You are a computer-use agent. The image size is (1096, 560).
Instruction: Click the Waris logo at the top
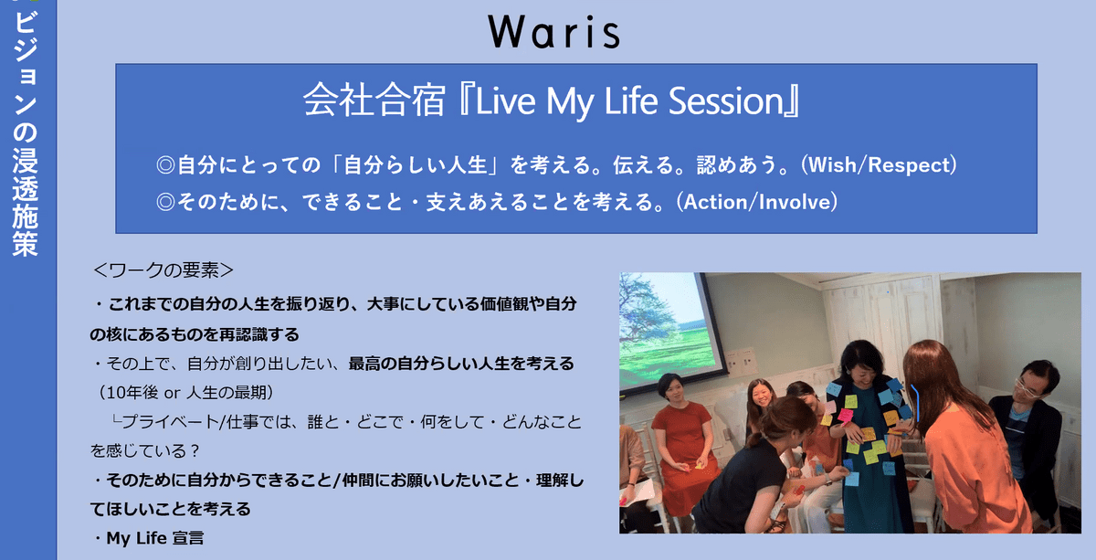point(553,32)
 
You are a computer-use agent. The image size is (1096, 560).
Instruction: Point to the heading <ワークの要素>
point(163,270)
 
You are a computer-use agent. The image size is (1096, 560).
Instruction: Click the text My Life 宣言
point(155,538)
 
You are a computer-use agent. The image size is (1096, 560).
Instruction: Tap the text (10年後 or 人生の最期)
point(186,393)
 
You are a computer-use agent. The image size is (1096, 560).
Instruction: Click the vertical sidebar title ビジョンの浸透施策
point(26,133)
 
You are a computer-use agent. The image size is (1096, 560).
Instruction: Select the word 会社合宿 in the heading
point(374,100)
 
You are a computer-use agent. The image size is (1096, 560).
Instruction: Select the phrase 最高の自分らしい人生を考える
point(461,364)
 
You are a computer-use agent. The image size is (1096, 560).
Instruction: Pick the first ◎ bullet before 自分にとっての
point(165,165)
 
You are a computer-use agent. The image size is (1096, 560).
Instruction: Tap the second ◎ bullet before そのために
point(165,202)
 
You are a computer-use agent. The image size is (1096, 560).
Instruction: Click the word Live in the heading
point(505,100)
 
